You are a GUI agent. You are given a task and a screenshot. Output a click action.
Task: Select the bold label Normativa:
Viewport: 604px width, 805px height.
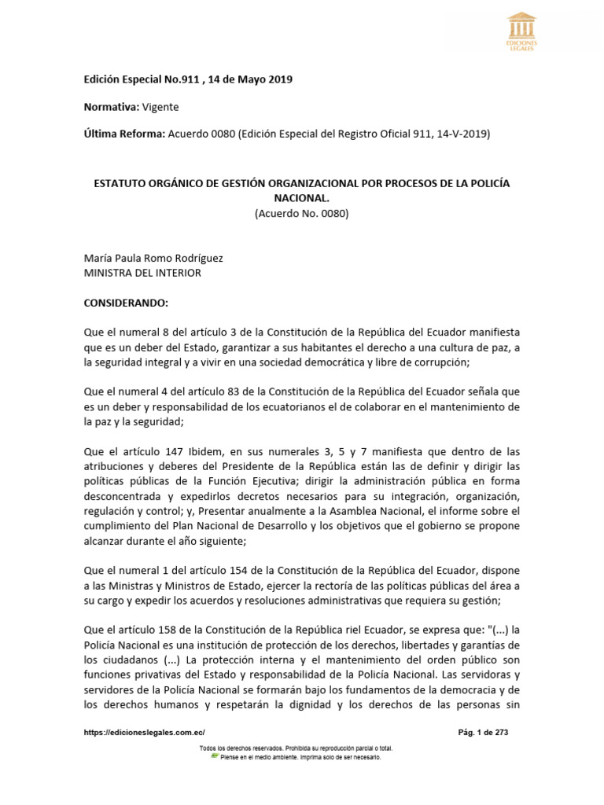pos(111,107)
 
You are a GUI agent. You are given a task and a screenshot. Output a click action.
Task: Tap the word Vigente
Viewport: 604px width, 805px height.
pos(160,107)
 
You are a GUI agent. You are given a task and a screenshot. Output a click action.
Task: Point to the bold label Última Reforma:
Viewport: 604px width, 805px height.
pos(123,134)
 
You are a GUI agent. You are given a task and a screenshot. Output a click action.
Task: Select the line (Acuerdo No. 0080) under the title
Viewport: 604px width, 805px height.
pos(301,213)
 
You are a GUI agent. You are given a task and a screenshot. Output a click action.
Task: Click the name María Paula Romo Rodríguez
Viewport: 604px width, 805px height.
pos(148,258)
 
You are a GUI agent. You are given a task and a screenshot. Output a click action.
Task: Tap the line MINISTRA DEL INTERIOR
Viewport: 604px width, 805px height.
pos(142,273)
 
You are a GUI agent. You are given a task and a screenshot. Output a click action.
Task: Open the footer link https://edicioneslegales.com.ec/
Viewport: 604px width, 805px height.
pos(144,732)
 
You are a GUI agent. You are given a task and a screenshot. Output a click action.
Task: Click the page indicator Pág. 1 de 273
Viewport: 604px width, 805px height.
pos(483,732)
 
